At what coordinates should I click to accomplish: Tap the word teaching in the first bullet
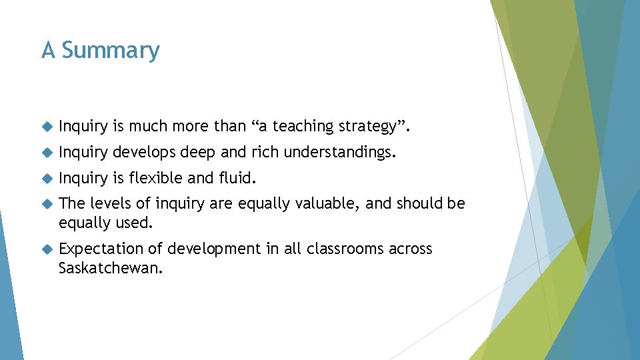point(301,126)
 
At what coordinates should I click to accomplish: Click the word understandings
point(339,153)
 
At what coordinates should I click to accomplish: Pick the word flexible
point(155,178)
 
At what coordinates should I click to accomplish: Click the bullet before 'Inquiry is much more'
point(46,126)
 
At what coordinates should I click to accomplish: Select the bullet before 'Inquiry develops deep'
point(46,153)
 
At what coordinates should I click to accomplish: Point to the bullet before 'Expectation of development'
point(46,249)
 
